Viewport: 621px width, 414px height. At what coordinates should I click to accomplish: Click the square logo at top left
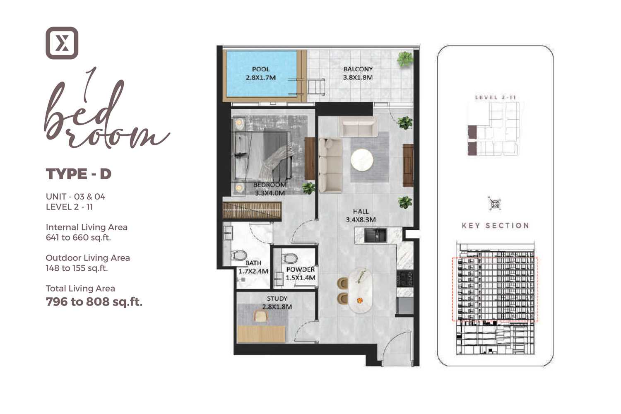tap(62, 43)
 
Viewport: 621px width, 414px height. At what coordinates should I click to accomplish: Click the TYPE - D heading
tap(79, 174)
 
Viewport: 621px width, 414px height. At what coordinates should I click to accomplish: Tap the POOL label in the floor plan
tap(260, 69)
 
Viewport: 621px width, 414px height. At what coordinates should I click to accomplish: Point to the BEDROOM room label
tap(270, 185)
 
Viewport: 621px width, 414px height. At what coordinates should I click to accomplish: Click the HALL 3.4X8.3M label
tap(361, 215)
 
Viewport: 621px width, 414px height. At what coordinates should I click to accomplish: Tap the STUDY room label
tap(277, 298)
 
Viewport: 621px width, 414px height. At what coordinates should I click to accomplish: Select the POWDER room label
tap(301, 269)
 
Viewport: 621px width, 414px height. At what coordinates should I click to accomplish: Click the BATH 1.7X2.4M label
tap(253, 267)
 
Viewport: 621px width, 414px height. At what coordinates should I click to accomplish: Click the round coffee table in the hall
tap(362, 160)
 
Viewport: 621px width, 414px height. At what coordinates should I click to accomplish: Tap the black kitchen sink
tap(375, 236)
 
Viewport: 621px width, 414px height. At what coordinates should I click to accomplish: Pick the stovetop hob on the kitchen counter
tap(404, 279)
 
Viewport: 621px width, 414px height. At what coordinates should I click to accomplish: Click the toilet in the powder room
tap(289, 258)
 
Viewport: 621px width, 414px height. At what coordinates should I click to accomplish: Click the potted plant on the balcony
tap(405, 59)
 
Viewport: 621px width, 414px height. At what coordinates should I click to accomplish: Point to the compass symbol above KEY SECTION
tap(495, 204)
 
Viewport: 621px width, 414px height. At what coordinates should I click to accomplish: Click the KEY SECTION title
tap(496, 226)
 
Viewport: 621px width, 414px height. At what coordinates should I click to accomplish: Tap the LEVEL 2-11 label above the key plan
tap(496, 97)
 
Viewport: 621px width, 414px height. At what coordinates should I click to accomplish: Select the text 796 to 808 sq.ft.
tap(94, 302)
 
